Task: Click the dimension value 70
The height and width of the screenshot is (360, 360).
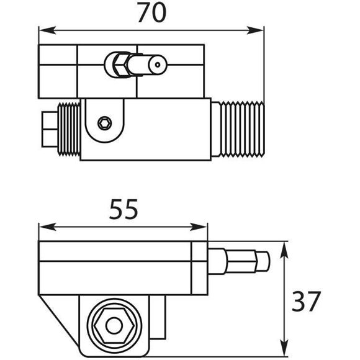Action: [x=151, y=13]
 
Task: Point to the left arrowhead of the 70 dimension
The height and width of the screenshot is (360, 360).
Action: [x=42, y=30]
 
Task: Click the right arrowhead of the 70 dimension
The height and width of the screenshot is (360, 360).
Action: [x=259, y=30]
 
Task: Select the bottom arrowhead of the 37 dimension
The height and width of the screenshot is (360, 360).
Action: [x=285, y=353]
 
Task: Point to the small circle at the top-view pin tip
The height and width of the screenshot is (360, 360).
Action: [x=158, y=63]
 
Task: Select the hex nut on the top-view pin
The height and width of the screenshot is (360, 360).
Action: [x=118, y=63]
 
